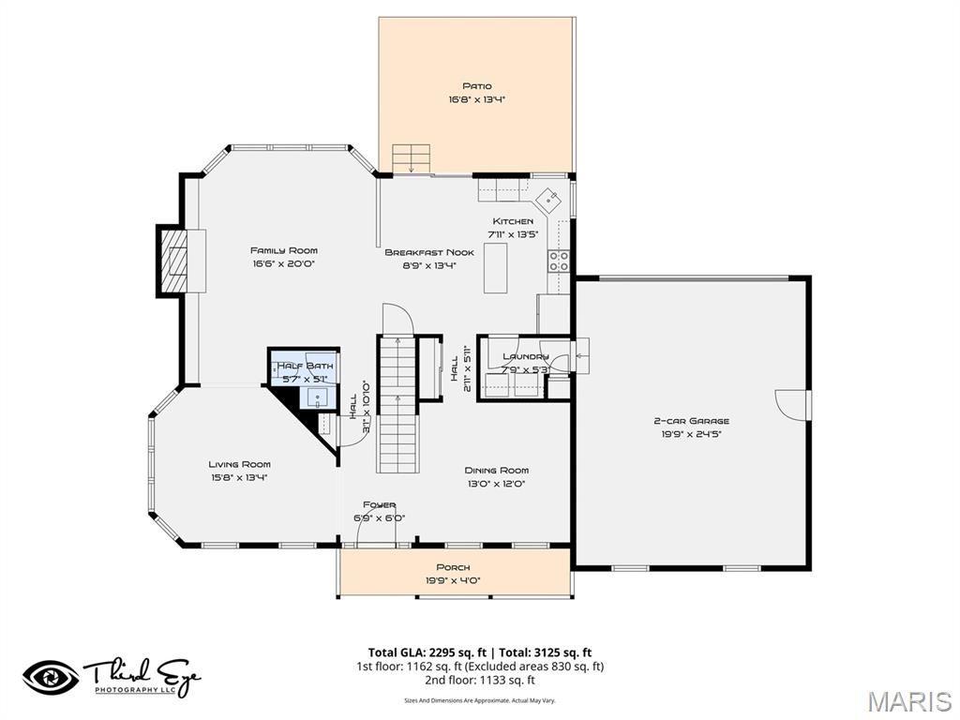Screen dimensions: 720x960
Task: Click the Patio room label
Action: (x=476, y=86)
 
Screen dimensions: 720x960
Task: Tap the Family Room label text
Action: (x=283, y=250)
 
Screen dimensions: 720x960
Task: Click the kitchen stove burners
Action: (x=559, y=260)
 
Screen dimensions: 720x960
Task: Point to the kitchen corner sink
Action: (x=548, y=199)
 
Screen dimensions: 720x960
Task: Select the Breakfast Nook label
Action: (x=429, y=252)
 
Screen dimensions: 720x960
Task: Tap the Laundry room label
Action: (x=525, y=356)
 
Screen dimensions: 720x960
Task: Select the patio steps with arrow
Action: (x=411, y=158)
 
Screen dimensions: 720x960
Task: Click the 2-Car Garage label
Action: (x=692, y=421)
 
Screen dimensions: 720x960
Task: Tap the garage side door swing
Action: (x=792, y=405)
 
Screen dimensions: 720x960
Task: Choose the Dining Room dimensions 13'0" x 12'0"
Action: (x=496, y=484)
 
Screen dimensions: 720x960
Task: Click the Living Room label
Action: (x=239, y=464)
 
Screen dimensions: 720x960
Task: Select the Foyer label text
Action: (x=380, y=504)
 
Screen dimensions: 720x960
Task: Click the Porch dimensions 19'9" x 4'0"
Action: (x=453, y=580)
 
